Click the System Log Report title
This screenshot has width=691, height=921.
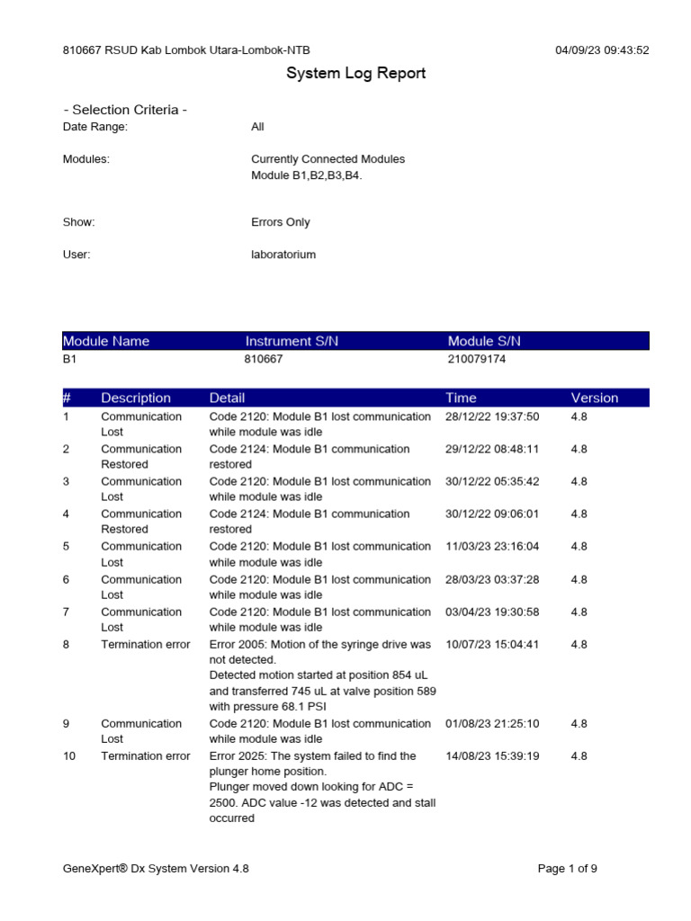point(355,74)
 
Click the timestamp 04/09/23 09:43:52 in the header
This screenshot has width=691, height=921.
point(602,50)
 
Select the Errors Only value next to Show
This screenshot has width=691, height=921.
point(280,222)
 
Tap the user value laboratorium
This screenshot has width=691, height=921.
point(283,255)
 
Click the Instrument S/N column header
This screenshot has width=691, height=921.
point(292,341)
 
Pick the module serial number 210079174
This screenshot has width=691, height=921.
point(482,359)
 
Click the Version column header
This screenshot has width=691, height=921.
point(594,398)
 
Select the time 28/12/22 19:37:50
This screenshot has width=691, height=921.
point(492,416)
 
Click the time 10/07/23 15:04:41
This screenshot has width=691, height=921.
point(492,645)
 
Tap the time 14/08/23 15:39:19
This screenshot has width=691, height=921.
point(492,756)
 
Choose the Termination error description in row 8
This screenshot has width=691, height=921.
point(145,645)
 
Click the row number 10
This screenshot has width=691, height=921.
point(69,756)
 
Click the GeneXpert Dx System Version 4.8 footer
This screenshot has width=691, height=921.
point(156,869)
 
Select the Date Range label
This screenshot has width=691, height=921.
point(95,127)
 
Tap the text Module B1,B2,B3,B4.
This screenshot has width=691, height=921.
point(306,175)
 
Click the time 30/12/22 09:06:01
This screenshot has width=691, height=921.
point(492,514)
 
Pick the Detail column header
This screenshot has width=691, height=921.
point(227,398)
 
